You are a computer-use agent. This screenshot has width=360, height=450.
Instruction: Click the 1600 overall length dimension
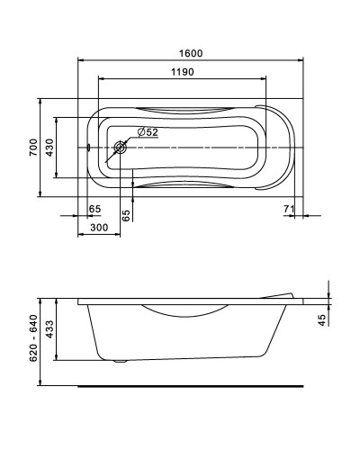[188, 53]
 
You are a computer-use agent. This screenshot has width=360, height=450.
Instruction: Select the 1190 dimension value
[182, 72]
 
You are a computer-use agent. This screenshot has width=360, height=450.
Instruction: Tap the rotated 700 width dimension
[33, 148]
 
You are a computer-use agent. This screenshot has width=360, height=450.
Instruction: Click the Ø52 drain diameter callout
[148, 132]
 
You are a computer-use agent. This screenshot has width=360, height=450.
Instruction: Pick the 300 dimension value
[99, 229]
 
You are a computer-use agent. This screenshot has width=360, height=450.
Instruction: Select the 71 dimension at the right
[288, 210]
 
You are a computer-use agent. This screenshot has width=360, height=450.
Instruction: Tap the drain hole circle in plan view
[120, 148]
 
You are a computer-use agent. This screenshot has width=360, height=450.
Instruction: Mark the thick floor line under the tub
[189, 386]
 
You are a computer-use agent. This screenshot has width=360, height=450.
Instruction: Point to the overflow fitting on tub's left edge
[89, 148]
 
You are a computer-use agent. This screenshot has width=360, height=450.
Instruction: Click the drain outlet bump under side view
[121, 363]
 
